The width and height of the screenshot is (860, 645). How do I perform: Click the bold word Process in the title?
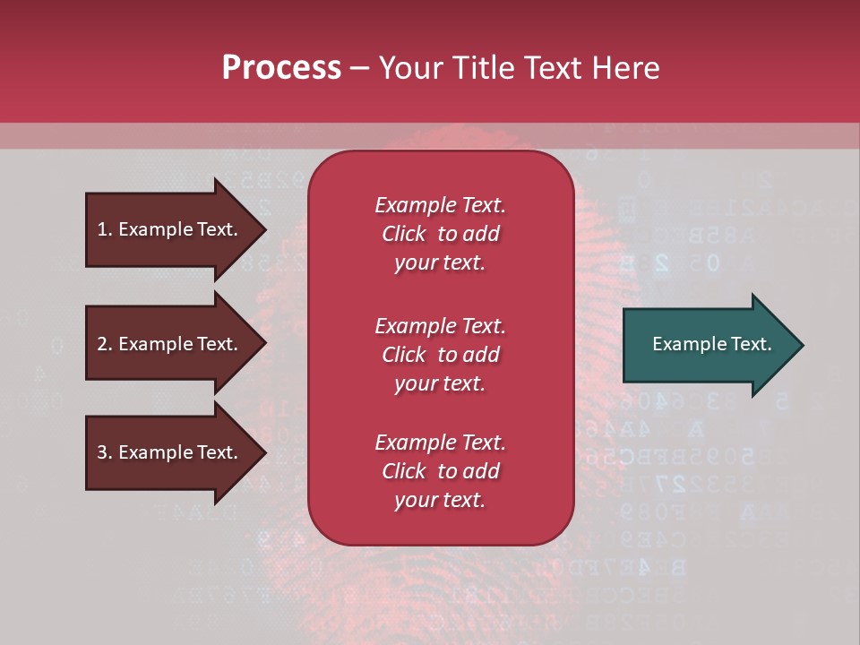coord(281,68)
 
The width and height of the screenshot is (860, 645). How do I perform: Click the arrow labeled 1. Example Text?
coord(170,229)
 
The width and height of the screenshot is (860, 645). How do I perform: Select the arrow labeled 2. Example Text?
coord(170,344)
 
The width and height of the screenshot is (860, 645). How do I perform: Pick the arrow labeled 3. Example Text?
coord(170,452)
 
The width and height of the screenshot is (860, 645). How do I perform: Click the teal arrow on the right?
coord(708,345)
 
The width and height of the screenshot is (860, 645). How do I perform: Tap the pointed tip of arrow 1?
coord(263,229)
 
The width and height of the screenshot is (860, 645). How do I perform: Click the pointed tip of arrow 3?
coord(263,452)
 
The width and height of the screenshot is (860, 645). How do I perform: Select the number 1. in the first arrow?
coord(105,229)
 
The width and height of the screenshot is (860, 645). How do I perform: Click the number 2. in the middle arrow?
coord(105,344)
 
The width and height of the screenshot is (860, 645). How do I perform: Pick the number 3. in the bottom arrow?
coord(105,452)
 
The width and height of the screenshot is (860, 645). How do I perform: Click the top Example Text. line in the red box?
coord(440,205)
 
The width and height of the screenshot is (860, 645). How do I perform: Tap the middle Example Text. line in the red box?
coord(440,325)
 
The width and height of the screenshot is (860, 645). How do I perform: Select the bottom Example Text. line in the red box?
coord(440,443)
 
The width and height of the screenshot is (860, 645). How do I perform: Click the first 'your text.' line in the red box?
coord(440,263)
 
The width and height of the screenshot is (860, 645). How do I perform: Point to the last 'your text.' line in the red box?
coord(440,501)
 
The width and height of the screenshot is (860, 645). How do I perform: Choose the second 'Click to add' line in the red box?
coord(440,355)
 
